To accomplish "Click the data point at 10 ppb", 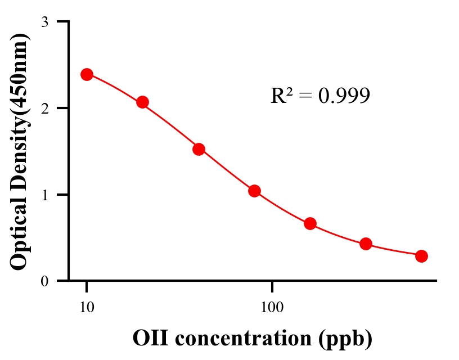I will pos(87,74).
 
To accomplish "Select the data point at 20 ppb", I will pos(142,102).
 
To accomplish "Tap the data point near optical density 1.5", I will pos(199,149).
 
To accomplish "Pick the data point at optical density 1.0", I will pos(254,191).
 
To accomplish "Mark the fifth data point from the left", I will pos(310,223).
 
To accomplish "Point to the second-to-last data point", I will pos(366,244).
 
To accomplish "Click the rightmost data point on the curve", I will pos(421,256).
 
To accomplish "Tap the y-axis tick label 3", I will pos(44,22).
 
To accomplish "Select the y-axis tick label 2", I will pos(44,108).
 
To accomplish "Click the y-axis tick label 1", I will pos(44,195).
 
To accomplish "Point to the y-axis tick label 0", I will pos(44,281).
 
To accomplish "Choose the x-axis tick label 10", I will pos(87,308).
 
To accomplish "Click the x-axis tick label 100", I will pos(272,308).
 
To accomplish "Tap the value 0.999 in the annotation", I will pos(344,96).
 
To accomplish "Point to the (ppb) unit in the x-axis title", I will pos(344,339).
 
